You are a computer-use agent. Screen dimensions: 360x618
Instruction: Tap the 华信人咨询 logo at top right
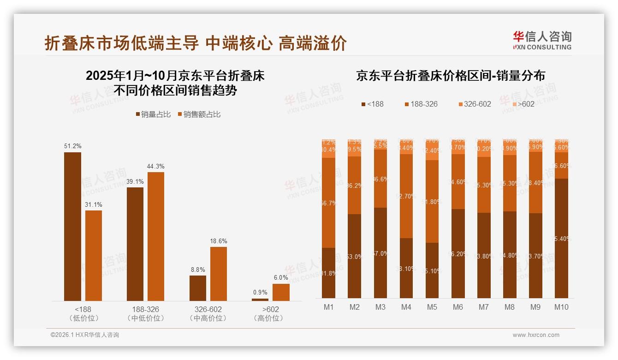[x=542, y=40]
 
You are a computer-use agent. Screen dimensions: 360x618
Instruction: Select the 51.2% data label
[x=72, y=146]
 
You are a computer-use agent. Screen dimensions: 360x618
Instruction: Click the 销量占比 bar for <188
[x=72, y=226]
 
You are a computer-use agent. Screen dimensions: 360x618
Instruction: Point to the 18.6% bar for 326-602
[x=219, y=274]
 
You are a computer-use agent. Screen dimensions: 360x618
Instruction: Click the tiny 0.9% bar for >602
[x=260, y=300]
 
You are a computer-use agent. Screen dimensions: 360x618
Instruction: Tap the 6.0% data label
[x=280, y=277]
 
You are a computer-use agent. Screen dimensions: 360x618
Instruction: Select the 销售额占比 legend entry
[x=199, y=114]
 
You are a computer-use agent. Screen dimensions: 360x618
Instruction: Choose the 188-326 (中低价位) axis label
[x=145, y=313]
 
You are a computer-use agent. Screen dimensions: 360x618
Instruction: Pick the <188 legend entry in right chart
[x=372, y=104]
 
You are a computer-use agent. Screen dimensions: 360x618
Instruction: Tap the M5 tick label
[x=432, y=307]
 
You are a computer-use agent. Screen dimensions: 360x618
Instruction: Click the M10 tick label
[x=561, y=307]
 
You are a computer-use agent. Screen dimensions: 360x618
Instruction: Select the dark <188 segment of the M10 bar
[x=561, y=238]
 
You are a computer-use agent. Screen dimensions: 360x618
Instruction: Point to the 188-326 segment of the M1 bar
[x=328, y=203]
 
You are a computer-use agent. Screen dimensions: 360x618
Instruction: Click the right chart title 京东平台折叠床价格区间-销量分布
[x=450, y=76]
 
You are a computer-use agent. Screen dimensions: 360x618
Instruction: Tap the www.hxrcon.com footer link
[x=535, y=335]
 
